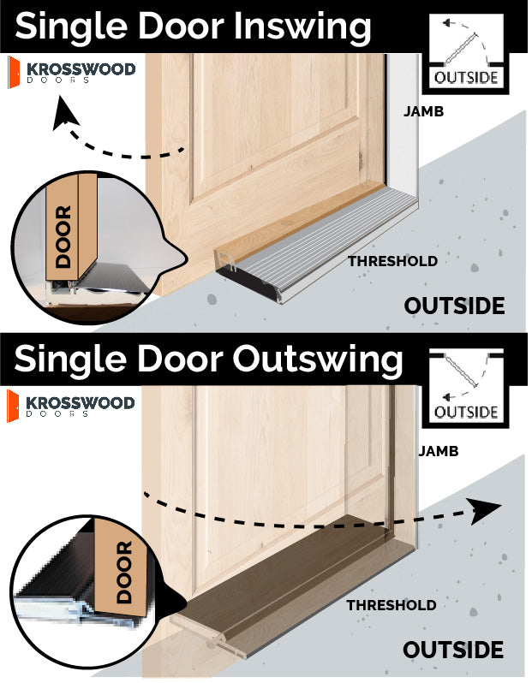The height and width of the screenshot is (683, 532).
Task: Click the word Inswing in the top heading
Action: coord(301,27)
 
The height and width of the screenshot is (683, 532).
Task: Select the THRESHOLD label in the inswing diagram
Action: coord(392,261)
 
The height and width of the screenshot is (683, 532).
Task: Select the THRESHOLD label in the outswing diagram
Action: coord(392,605)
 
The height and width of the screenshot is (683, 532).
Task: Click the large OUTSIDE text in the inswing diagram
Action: coord(453,306)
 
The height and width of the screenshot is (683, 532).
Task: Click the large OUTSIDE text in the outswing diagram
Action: coord(453,650)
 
